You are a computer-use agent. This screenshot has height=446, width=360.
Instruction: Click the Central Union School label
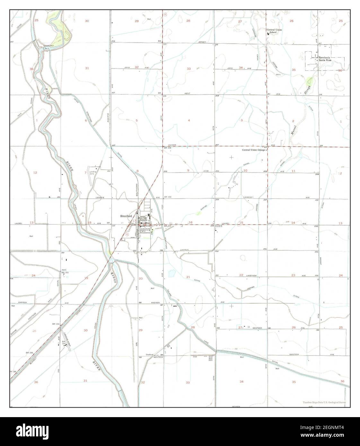coord(273,31)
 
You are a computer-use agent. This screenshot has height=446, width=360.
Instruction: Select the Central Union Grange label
coord(253,150)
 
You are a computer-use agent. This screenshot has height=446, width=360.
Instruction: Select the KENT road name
coord(187,94)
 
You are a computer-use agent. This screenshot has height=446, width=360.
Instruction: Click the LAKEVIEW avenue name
coord(252,275)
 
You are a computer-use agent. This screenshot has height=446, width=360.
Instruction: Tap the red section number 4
coord(189,120)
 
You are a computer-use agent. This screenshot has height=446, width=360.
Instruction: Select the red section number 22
coord(241,275)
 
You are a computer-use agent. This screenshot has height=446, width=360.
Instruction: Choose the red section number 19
coord(86,278)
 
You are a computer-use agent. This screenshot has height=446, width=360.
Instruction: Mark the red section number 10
coord(245,171)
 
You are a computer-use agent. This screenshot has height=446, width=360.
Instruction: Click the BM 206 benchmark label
coord(168,148)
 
